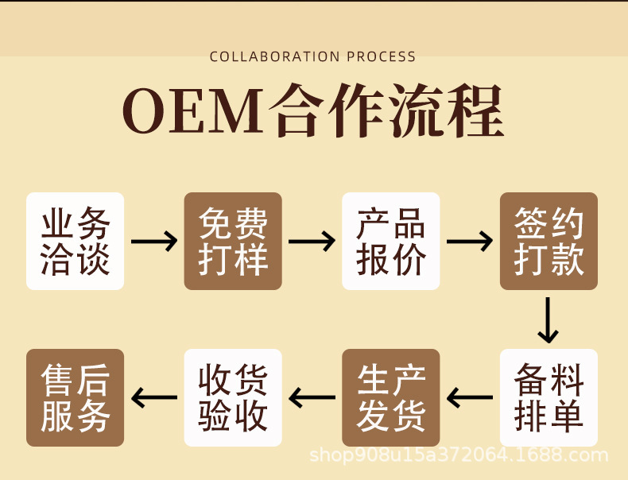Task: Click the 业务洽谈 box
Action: click(75, 241)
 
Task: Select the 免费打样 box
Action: click(233, 241)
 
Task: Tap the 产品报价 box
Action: click(391, 241)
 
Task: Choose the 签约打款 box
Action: click(549, 241)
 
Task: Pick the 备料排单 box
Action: click(549, 397)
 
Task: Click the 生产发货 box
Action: click(391, 397)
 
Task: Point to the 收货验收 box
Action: click(233, 397)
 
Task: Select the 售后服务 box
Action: click(75, 397)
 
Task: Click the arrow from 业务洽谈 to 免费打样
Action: click(154, 242)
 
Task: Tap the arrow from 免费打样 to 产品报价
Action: click(312, 242)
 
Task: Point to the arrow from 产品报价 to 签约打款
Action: click(470, 242)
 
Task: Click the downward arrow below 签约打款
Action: click(548, 320)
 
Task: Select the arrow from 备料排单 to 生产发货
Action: click(470, 397)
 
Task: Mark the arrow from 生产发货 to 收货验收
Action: click(312, 397)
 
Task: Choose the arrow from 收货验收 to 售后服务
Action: click(154, 397)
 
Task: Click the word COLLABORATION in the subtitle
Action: click(275, 56)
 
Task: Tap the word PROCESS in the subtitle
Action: click(382, 56)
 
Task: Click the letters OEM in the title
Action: click(193, 110)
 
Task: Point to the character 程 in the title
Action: click(475, 110)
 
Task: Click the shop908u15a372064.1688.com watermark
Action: click(459, 455)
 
